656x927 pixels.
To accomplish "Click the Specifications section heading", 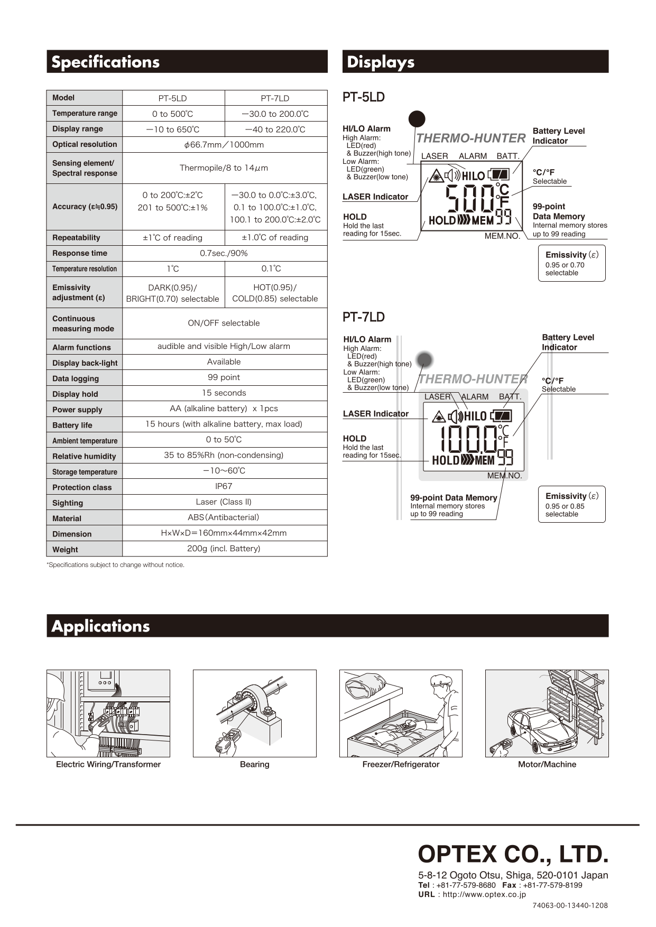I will point(106,62).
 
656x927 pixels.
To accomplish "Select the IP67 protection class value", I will point(224,486).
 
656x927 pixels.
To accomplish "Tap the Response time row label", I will point(80,253).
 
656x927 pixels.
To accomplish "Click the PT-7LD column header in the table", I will point(275,98).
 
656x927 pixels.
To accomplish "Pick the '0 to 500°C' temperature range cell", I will point(172,114).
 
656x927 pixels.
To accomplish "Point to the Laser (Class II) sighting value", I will point(224,502).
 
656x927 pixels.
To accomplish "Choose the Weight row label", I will point(65,550).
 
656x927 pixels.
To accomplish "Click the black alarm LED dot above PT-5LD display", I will point(417,119).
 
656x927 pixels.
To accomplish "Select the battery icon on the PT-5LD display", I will point(498,174).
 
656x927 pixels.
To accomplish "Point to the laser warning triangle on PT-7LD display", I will point(439,417).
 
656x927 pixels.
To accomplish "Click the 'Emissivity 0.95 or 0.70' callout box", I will point(571,263).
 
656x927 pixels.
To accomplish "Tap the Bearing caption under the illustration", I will point(254,764).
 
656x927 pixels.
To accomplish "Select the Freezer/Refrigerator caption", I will point(401,764).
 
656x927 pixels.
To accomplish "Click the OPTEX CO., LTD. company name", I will point(513,854).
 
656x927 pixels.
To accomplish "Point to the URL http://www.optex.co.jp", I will point(484,895).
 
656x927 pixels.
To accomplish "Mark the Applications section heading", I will point(100,626).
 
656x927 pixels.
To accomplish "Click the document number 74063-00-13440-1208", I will point(570,905).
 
